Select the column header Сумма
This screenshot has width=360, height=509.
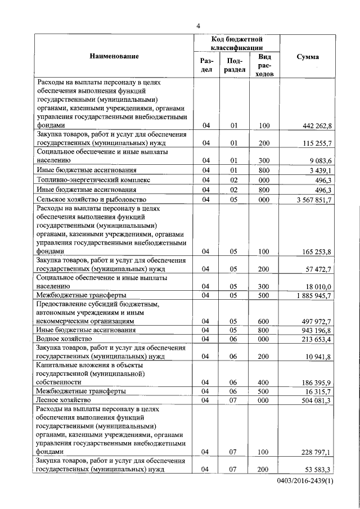[308, 57]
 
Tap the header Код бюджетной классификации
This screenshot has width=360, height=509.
[237, 44]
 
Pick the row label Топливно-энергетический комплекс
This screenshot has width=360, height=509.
[93, 180]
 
